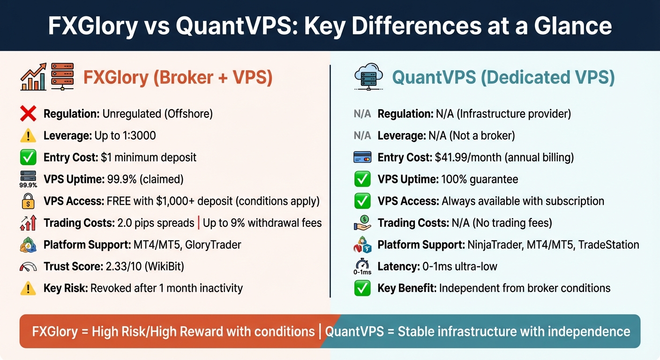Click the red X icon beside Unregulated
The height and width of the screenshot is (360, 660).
[29, 114]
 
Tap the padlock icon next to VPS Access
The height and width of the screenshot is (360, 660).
[29, 201]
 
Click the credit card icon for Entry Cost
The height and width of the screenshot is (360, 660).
[362, 157]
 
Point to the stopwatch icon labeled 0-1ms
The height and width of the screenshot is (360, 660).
[362, 266]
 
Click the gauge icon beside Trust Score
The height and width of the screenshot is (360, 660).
[29, 266]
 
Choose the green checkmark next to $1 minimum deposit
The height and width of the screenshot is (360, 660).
[29, 157]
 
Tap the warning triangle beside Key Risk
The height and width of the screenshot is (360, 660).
[29, 288]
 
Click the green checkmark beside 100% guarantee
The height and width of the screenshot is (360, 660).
[362, 180]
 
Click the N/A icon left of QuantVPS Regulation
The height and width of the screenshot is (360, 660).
[362, 114]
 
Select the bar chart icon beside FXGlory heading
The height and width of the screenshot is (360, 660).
[33, 77]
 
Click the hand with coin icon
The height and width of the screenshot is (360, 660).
[362, 223]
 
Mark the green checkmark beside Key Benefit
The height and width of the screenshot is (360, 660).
[362, 288]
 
